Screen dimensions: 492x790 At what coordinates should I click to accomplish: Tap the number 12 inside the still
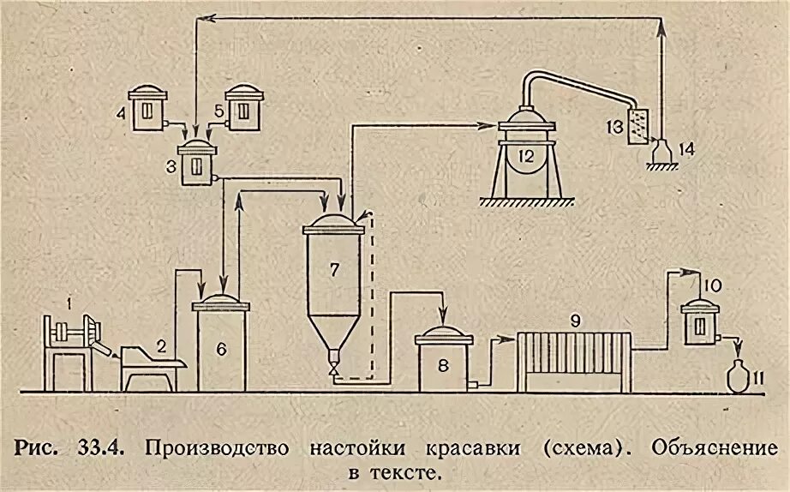(x=526, y=157)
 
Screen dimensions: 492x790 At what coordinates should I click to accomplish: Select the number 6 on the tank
(x=220, y=348)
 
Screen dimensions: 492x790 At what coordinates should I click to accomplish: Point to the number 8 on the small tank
(x=442, y=364)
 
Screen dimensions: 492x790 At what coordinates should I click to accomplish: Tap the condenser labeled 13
(x=637, y=127)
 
